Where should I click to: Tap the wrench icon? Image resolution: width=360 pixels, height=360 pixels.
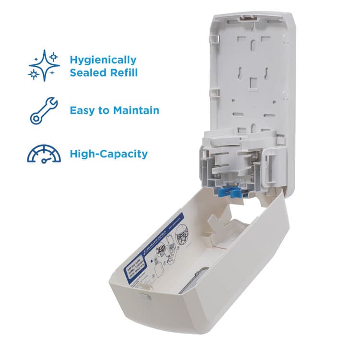point(44,110)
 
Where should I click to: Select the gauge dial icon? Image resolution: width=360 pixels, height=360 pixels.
point(44,154)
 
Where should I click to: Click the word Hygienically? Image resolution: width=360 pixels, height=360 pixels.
point(103,60)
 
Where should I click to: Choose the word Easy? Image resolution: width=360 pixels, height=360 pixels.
point(84,110)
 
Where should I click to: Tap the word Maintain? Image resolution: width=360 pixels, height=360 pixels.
point(136,110)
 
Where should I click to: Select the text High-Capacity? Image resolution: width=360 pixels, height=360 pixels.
point(108,154)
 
